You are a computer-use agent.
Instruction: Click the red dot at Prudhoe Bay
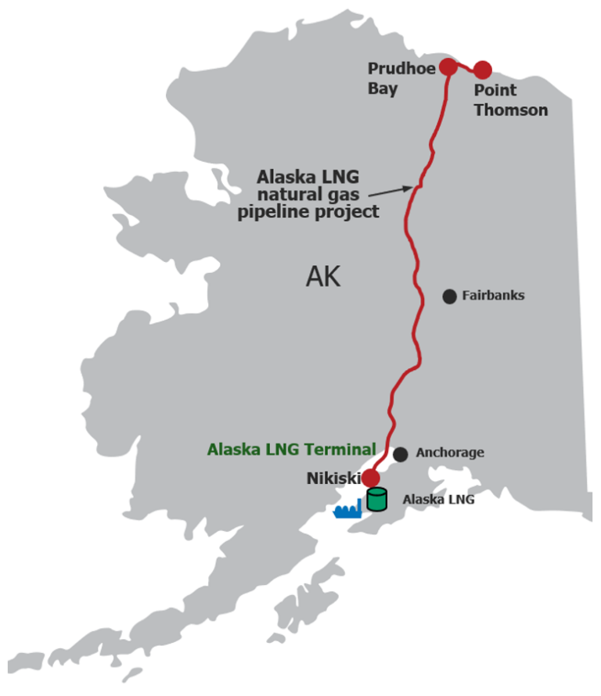point(448,67)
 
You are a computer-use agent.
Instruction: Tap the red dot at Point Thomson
point(482,70)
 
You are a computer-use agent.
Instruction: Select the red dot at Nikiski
point(371,478)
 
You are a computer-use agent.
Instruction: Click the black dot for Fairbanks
point(449,296)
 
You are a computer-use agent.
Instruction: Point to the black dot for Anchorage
point(401,454)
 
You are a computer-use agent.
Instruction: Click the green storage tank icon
point(377,499)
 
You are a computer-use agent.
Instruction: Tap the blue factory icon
point(347,510)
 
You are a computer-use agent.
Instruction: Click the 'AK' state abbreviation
point(323,277)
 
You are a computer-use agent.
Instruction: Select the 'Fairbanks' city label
point(493,296)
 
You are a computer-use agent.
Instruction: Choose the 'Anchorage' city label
point(450,453)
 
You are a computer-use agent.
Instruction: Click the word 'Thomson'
point(511,110)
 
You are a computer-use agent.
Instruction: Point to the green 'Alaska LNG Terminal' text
point(291,450)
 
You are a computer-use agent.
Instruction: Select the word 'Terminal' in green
point(344,450)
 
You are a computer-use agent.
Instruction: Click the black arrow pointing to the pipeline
point(390,190)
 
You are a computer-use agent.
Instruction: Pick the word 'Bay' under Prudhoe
point(383,88)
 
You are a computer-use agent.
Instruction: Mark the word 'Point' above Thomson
point(495,91)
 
